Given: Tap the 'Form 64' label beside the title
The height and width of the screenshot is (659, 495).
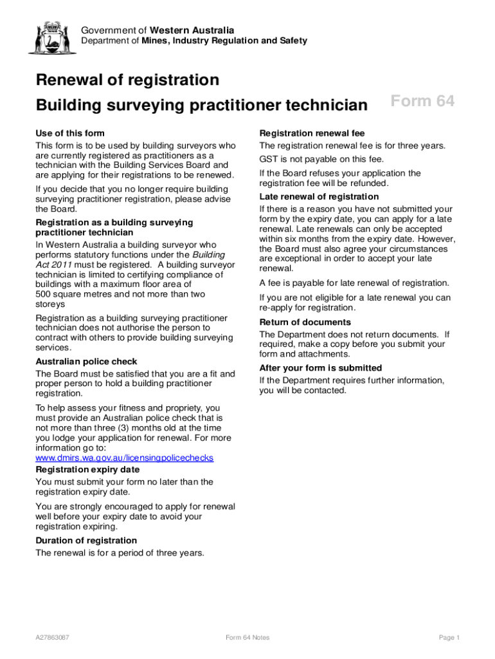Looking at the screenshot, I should pyautogui.click(x=422, y=102).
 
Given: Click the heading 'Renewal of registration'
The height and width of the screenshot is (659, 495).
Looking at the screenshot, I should pyautogui.click(x=127, y=80).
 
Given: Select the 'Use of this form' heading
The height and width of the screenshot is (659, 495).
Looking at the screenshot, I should pyautogui.click(x=70, y=133).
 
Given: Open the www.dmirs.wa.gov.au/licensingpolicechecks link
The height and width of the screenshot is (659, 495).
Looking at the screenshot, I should pyautogui.click(x=124, y=458).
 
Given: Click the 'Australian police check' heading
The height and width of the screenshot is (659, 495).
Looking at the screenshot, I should pyautogui.click(x=86, y=362).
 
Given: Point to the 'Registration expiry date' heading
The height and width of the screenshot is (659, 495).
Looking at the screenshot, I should pyautogui.click(x=87, y=469).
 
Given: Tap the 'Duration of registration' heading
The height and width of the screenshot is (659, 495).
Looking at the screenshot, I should pyautogui.click(x=86, y=541).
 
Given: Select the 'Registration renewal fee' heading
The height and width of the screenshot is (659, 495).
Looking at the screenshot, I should pyautogui.click(x=312, y=133).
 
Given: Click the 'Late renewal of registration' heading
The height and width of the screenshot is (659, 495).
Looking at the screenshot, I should pyautogui.click(x=319, y=196).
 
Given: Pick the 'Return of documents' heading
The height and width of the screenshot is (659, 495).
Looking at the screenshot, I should pyautogui.click(x=305, y=322).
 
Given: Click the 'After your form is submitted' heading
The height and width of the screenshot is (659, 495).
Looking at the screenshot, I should pyautogui.click(x=320, y=368).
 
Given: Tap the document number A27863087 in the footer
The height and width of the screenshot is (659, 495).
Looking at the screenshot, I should pyautogui.click(x=53, y=638).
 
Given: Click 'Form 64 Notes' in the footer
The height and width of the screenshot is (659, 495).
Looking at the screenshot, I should pyautogui.click(x=248, y=638).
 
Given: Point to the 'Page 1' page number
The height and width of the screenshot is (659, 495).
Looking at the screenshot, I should pyautogui.click(x=449, y=638).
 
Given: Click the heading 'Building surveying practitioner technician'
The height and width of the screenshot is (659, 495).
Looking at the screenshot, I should pyautogui.click(x=201, y=105).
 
